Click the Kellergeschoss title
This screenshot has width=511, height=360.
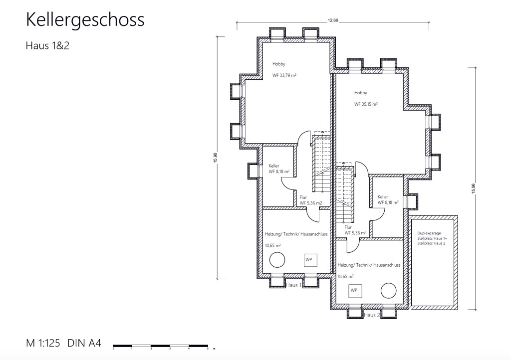click(85, 20)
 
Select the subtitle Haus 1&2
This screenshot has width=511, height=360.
click(47, 45)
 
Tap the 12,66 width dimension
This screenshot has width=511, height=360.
click(333, 20)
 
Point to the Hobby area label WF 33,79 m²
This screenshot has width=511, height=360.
click(284, 75)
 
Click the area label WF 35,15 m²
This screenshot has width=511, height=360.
click(366, 104)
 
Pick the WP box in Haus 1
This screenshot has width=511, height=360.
click(310, 260)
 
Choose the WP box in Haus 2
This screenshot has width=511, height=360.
click(355, 291)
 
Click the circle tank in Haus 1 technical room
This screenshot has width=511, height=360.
click(277, 260)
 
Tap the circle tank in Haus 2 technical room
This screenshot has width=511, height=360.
click(388, 290)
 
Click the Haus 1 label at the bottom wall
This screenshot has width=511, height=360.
click(293, 285)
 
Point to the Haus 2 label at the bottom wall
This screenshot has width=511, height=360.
click(372, 315)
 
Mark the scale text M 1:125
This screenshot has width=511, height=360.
click(43, 343)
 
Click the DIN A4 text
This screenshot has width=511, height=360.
click(84, 343)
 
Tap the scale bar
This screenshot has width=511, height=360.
click(160, 346)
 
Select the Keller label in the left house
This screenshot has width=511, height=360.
click(274, 166)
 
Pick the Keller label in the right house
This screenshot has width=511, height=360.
click(383, 197)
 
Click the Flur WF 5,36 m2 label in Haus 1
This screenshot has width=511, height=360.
click(311, 200)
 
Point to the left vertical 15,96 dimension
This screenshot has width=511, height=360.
click(216, 158)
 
